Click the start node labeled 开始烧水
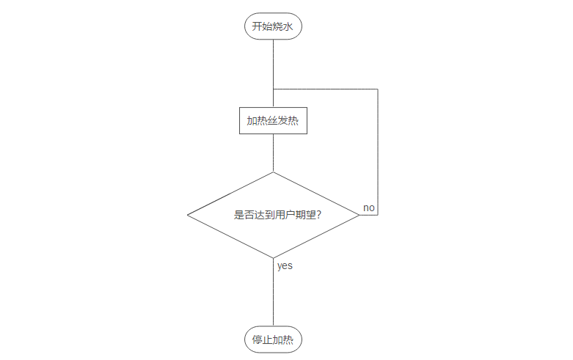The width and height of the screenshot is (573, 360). point(273,26)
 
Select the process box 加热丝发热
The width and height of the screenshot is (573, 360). point(273,121)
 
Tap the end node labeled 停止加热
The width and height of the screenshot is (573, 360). point(273,340)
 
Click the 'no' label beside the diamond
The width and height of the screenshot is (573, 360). point(369,208)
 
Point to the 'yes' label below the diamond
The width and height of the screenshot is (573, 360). point(285,266)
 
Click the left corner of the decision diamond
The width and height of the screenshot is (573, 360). point(188,215)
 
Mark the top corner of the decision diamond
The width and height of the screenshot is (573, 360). point(273,172)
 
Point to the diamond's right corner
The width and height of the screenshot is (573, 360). point(359,215)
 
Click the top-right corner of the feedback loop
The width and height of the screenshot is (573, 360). point(377,89)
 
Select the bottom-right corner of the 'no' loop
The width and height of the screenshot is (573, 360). point(377,215)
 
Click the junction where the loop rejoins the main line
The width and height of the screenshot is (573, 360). point(273,89)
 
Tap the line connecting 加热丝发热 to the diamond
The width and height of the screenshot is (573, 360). point(273,153)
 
